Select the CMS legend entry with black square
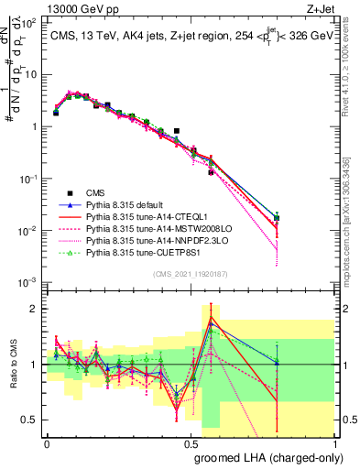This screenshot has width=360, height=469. (95, 193)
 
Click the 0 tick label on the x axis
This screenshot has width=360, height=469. (47, 443)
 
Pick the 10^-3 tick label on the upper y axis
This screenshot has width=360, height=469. (27, 282)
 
